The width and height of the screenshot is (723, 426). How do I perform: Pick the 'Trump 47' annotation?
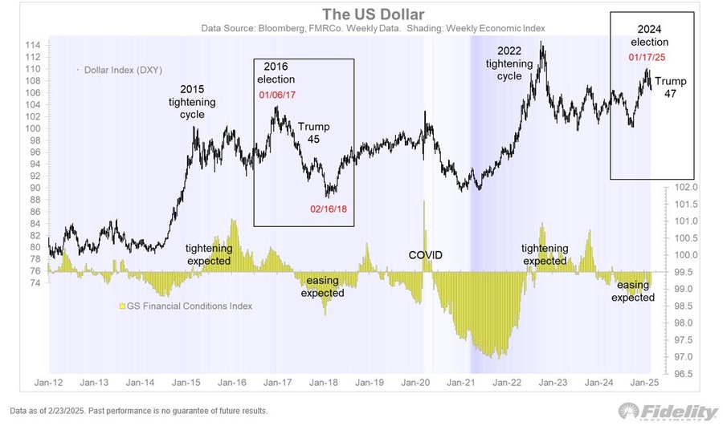[671, 87]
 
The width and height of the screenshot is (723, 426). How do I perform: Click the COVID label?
[425, 255]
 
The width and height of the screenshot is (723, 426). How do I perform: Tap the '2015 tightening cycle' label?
[187, 101]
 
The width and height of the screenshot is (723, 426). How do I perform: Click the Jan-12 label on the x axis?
[49, 384]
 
